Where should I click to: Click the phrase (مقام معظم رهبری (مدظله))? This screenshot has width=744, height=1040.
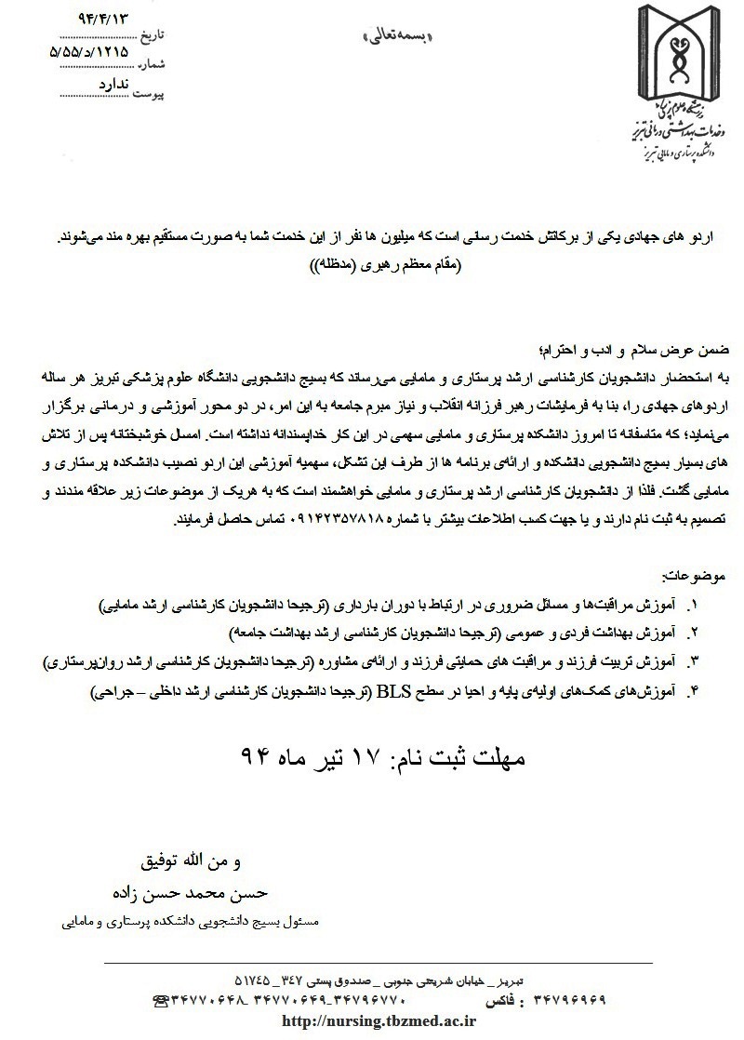389,265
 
